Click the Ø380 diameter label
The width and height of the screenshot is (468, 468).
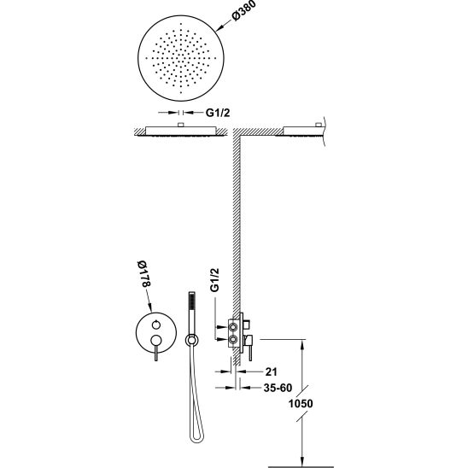(x=243, y=11)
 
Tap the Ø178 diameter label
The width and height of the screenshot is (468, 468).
(x=145, y=273)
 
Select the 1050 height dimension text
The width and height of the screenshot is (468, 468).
(x=301, y=404)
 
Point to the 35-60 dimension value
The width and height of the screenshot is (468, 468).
(x=278, y=388)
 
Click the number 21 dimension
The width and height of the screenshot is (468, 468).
(x=272, y=371)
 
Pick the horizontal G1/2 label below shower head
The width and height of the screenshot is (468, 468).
(x=218, y=113)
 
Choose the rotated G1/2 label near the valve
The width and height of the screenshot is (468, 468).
(x=214, y=279)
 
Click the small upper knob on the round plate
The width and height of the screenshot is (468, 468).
(x=155, y=325)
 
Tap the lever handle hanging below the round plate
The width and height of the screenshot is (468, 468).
(x=155, y=353)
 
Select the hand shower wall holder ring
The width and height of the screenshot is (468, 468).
(x=191, y=340)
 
